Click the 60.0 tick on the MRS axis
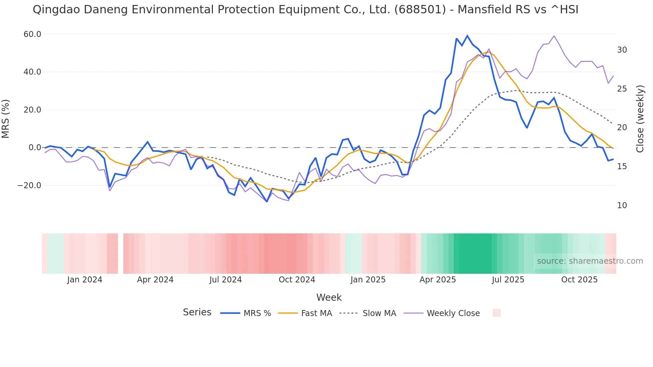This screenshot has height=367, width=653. click(32, 34)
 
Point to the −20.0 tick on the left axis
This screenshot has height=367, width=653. click(29, 185)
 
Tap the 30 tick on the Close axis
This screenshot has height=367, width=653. click(622, 50)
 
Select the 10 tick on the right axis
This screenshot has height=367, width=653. click(622, 205)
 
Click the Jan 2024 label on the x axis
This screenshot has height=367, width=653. click(85, 280)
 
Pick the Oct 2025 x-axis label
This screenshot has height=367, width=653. click(579, 280)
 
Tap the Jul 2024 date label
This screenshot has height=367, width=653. click(226, 280)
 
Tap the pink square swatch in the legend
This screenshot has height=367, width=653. click(496, 313)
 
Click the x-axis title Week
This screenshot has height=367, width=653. click(329, 297)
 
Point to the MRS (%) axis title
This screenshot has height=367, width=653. click(6, 119)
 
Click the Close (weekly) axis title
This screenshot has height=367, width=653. click(640, 119)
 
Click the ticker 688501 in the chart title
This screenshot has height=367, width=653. click(420, 10)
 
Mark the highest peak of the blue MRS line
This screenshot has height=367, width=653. click(467, 36)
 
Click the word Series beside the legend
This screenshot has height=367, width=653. click(197, 312)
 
